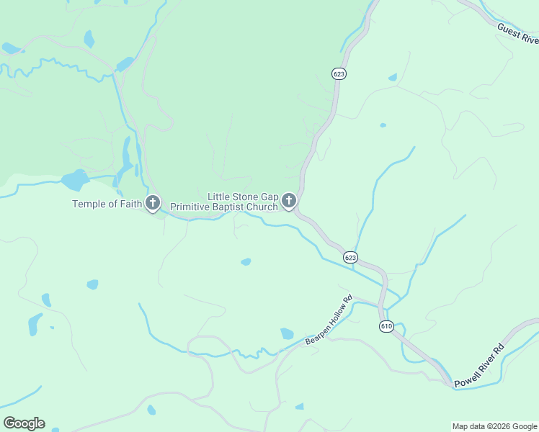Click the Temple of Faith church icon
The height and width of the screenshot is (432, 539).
click(x=153, y=203)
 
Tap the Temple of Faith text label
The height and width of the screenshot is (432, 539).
click(x=107, y=204)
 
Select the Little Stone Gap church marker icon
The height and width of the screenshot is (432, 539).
click(x=289, y=201)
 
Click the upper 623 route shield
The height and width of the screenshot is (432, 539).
click(x=339, y=73)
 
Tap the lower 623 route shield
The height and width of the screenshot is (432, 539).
click(x=350, y=257)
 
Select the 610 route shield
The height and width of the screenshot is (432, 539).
click(x=387, y=326)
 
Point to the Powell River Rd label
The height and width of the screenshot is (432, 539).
click(x=479, y=363)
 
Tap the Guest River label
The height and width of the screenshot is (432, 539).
click(x=517, y=32)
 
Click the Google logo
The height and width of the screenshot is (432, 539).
click(x=24, y=423)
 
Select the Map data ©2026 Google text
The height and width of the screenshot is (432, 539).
click(x=494, y=426)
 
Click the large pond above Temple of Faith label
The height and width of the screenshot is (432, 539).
click(x=75, y=179)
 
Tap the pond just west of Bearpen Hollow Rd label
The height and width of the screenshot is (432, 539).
click(x=287, y=333)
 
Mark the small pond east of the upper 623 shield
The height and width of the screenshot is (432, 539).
click(x=392, y=77)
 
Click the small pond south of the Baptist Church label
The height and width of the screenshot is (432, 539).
click(x=246, y=261)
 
